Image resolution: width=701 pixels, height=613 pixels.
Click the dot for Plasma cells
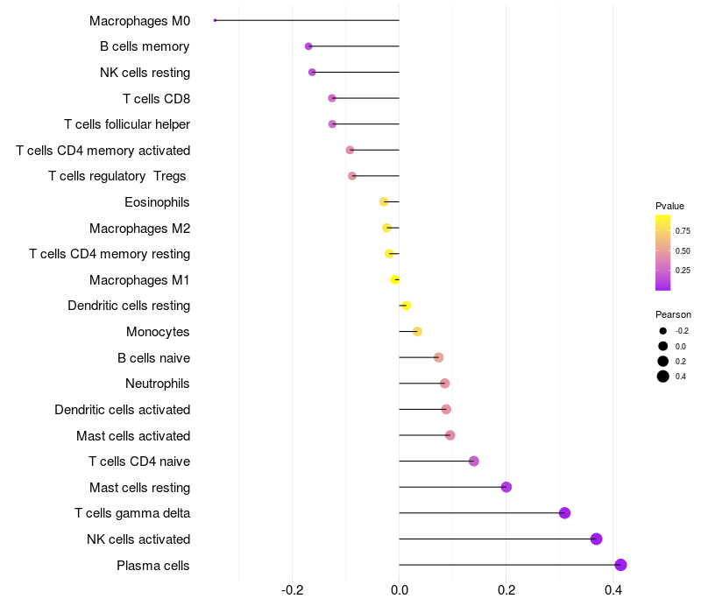[x=620, y=565]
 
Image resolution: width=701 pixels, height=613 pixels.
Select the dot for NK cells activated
[x=597, y=539]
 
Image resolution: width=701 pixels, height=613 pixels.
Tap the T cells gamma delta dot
[x=564, y=513]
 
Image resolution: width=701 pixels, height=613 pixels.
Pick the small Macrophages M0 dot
[x=215, y=20]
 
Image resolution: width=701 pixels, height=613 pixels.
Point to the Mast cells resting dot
[x=506, y=487]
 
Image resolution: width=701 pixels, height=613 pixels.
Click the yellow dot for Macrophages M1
[x=395, y=279]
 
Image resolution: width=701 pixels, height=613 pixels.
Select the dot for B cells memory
[x=308, y=46]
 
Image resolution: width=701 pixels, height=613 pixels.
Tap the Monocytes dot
[x=417, y=331]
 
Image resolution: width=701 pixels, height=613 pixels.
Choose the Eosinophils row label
[x=158, y=202]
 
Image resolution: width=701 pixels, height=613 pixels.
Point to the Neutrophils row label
[x=158, y=384]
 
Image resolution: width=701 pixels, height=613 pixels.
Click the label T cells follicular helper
[x=127, y=124]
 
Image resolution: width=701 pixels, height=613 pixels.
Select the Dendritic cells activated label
[x=123, y=410]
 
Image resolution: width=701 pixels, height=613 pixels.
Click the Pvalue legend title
[x=669, y=206]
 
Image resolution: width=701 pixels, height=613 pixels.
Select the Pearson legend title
[x=673, y=314]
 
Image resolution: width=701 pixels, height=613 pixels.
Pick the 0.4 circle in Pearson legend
[x=663, y=377]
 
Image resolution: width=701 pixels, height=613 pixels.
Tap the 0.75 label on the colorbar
[x=683, y=231]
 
